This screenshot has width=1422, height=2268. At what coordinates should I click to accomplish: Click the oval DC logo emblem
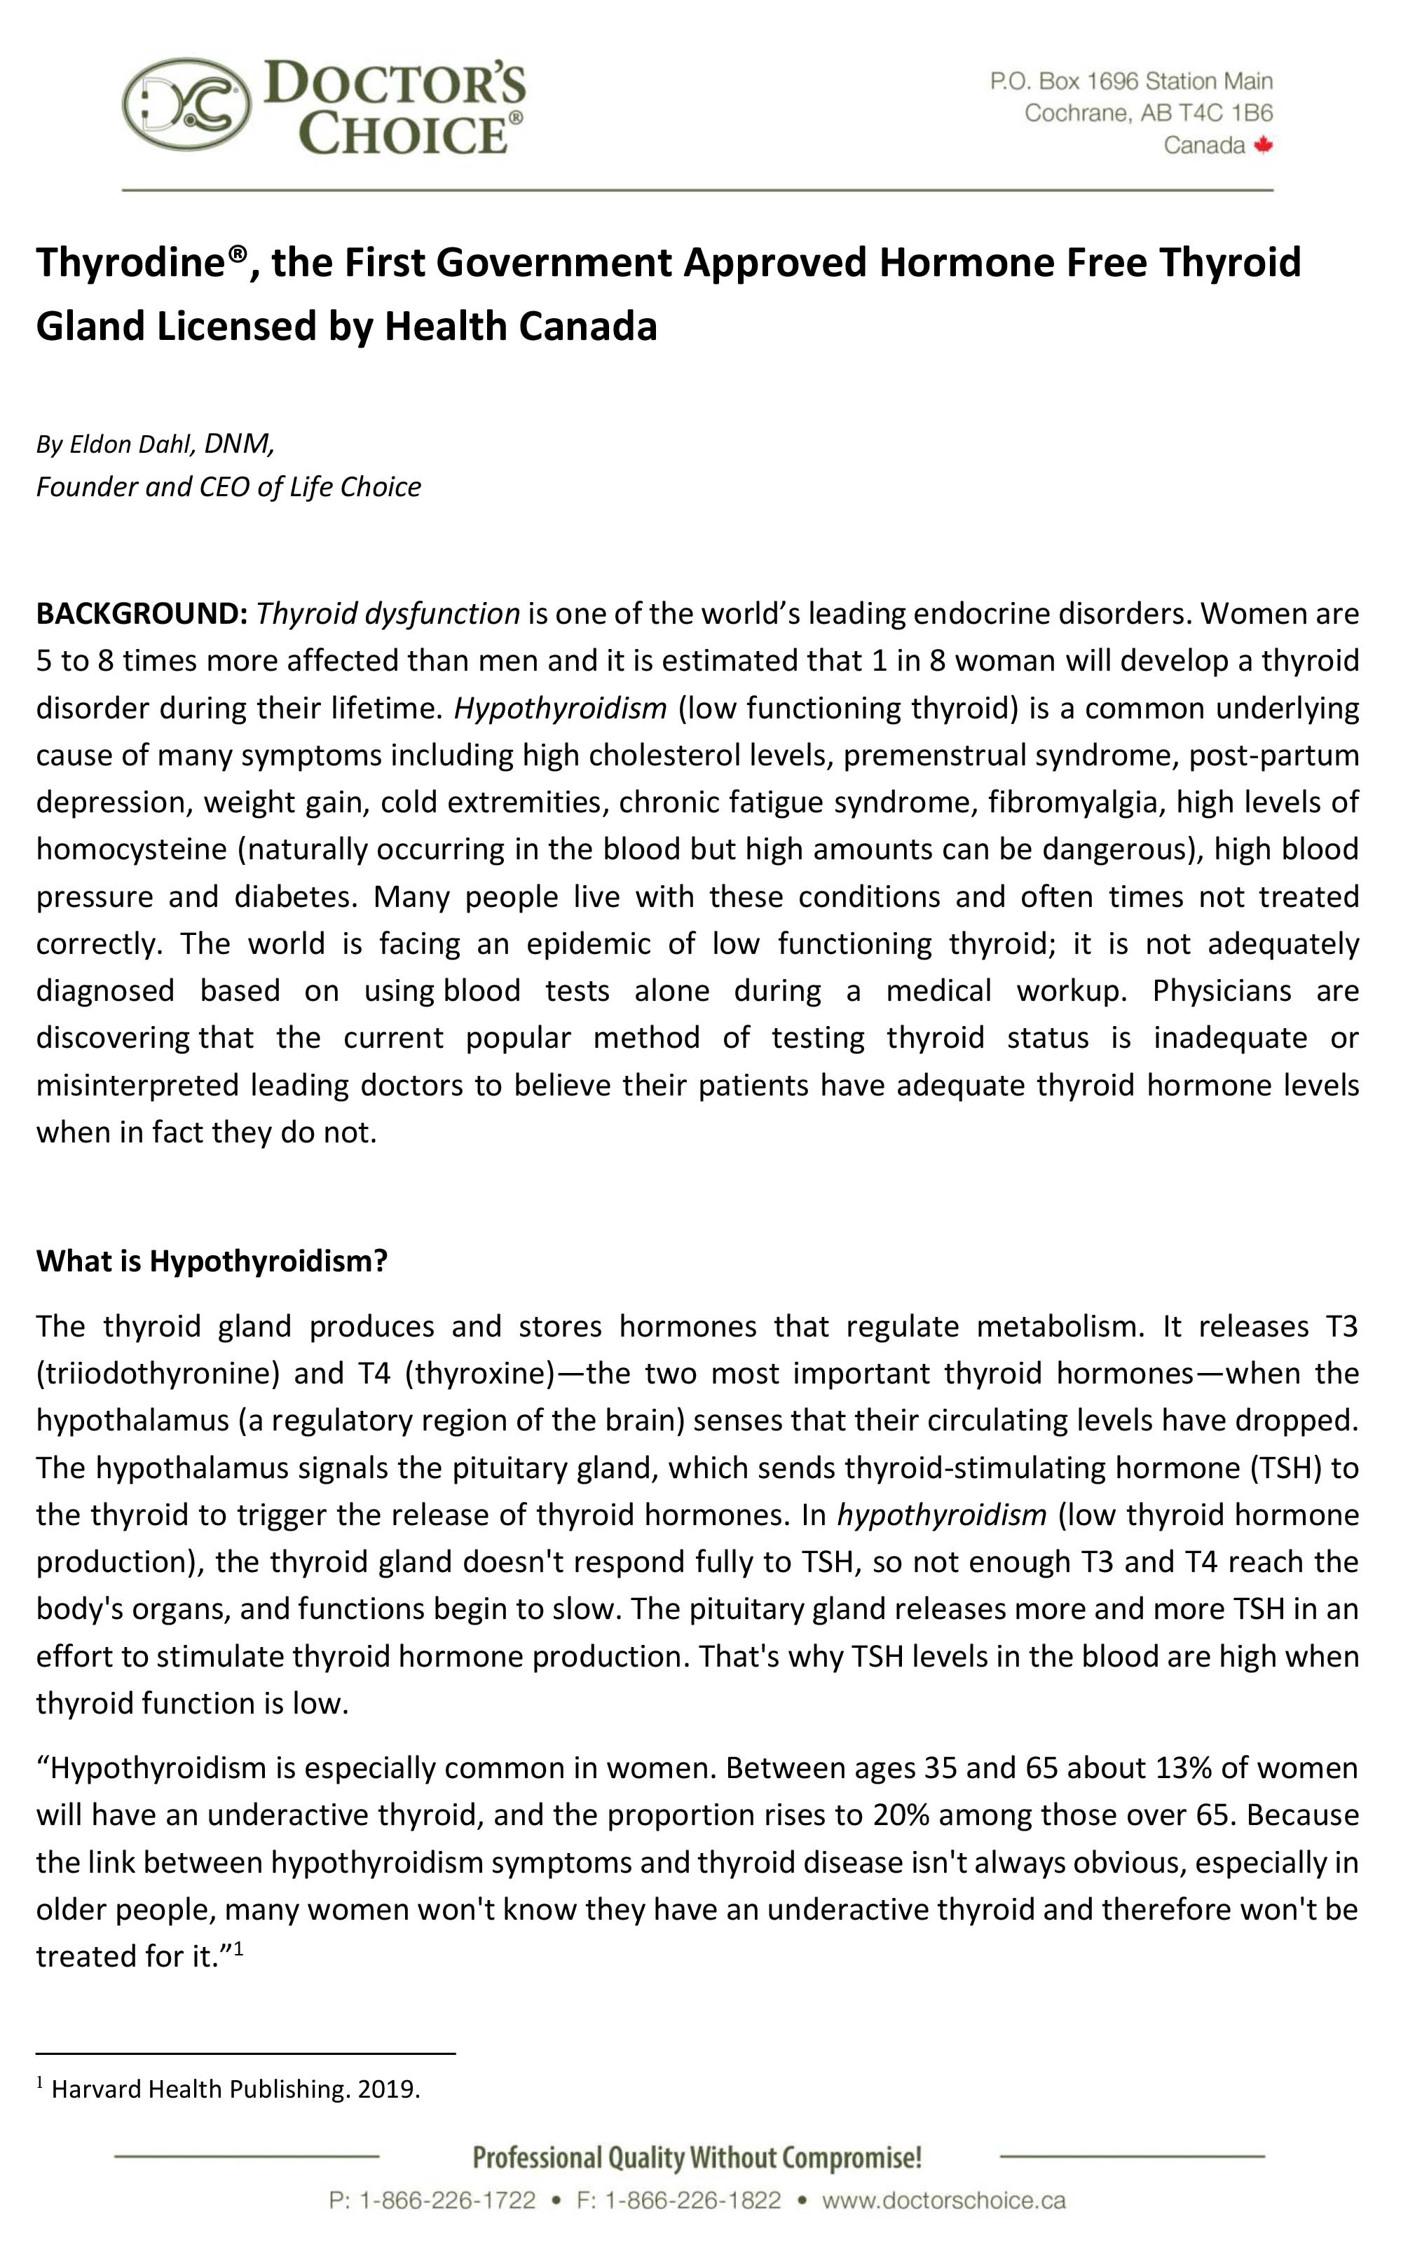point(187,104)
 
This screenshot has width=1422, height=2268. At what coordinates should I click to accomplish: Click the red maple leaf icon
point(1263,145)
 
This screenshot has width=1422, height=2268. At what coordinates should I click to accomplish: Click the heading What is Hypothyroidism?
point(212,1261)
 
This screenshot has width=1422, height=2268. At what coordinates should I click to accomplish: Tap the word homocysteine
point(132,849)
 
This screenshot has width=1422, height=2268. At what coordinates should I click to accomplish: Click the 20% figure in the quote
point(900,1815)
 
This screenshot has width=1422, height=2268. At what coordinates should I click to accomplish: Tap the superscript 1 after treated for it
point(239,1949)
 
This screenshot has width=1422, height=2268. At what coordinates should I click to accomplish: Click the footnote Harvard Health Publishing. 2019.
point(235,2089)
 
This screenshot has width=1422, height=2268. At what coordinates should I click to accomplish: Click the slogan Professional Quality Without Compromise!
point(696,2157)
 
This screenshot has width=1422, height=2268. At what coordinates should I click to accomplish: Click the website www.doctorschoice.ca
point(943,2200)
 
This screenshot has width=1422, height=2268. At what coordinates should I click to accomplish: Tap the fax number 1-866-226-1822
point(692,2200)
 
